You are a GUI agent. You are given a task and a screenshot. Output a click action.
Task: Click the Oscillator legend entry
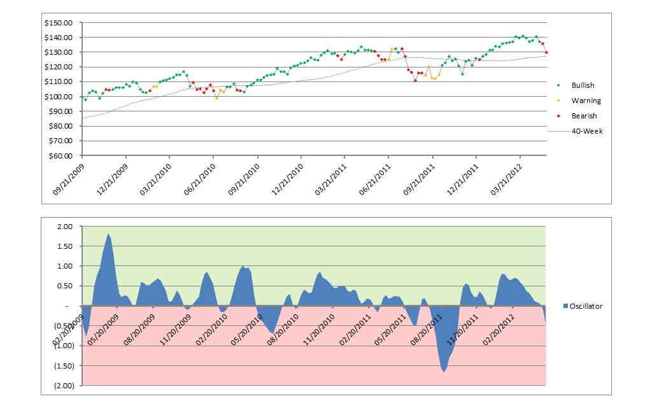coord(586,306)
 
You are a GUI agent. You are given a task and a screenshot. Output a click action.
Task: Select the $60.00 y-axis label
coord(60,156)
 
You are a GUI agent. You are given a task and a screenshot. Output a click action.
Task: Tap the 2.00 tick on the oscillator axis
coord(65,227)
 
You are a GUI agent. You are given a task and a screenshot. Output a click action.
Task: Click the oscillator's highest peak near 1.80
coord(109,234)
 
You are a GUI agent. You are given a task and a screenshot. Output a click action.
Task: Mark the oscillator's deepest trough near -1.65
coord(444,372)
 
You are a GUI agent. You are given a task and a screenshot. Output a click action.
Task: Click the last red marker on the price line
coord(547,53)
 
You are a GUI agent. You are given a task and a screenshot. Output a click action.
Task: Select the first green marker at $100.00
coord(82,97)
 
